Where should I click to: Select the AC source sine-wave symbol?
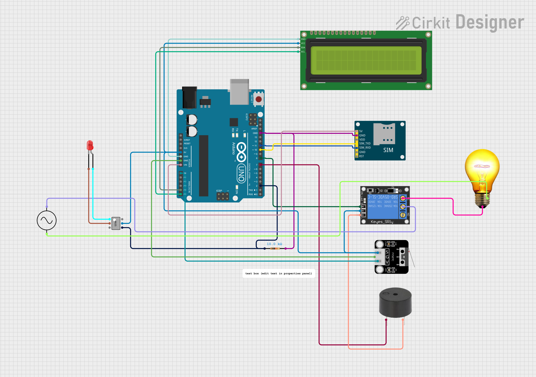click(x=47, y=220)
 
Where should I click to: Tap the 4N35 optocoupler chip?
click(x=116, y=223)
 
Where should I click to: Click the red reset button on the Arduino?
click(x=258, y=99)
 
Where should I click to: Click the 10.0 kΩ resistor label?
click(x=274, y=244)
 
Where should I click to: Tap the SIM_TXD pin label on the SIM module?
click(x=365, y=143)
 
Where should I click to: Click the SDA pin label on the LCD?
click(x=303, y=47)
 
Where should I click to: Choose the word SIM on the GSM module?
click(x=388, y=150)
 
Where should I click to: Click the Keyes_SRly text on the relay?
click(x=382, y=222)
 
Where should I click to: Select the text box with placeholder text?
click(x=279, y=273)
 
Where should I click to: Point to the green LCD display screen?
click(x=366, y=60)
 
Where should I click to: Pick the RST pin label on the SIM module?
click(x=361, y=156)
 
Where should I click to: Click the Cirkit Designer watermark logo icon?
click(x=403, y=23)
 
